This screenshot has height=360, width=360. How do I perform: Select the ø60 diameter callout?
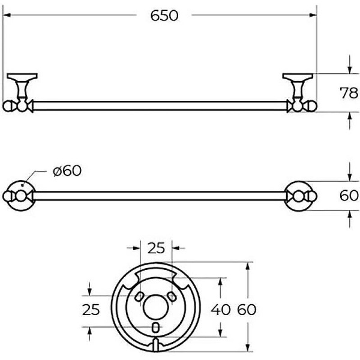tap(66, 171)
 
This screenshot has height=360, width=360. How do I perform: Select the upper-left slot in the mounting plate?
tap(139, 297)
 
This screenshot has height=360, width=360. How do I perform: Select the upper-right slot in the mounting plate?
tap(171, 297)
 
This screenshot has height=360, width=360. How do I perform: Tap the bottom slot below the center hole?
tap(155, 327)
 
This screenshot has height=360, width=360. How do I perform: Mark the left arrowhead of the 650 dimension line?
tap(7, 16)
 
